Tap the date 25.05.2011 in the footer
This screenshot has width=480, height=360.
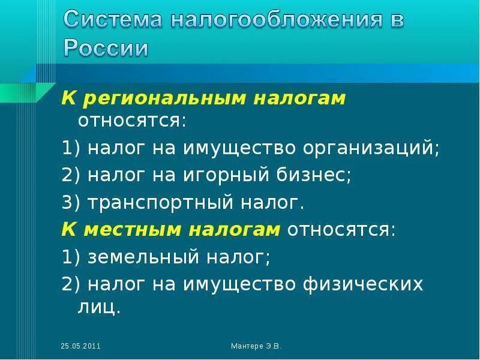[80, 346]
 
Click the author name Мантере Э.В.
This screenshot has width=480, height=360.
[256, 346]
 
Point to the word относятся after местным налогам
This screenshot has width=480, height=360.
[340, 230]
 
